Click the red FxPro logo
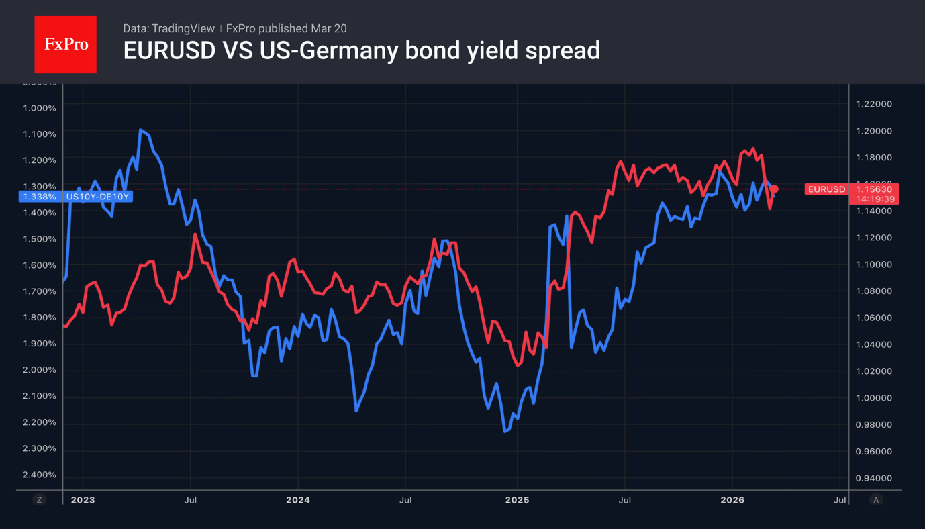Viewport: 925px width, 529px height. (x=65, y=44)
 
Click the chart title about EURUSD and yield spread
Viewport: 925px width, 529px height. (x=361, y=50)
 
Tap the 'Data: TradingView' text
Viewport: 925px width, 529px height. (x=168, y=28)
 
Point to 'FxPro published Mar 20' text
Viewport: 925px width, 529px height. (x=286, y=28)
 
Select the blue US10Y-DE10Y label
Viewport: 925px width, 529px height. (x=97, y=197)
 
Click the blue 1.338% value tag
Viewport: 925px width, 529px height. (x=40, y=197)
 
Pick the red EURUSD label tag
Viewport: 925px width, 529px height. (x=826, y=189)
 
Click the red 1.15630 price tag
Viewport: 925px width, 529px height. (x=874, y=189)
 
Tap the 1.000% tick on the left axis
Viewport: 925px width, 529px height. (x=40, y=108)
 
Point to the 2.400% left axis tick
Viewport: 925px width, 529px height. (x=40, y=475)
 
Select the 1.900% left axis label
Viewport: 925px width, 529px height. (x=40, y=344)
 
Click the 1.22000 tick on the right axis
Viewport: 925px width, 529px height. (x=873, y=104)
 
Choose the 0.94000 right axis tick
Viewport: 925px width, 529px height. (x=873, y=478)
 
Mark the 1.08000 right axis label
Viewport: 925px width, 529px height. (x=873, y=291)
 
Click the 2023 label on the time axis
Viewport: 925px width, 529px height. (x=83, y=500)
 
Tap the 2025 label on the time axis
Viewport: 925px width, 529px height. (x=517, y=500)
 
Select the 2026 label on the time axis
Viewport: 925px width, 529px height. (x=732, y=500)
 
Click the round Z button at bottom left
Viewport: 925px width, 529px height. (x=40, y=500)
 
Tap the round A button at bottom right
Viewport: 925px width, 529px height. (x=876, y=500)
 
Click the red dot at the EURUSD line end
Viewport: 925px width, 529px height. (x=774, y=189)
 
